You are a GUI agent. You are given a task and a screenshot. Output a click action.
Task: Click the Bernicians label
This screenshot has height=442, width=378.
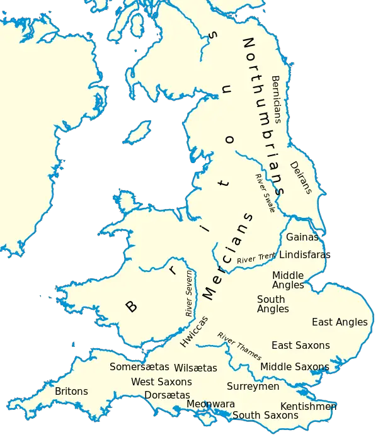tap(276, 100)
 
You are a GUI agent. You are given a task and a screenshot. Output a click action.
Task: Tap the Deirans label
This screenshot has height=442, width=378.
tap(301, 178)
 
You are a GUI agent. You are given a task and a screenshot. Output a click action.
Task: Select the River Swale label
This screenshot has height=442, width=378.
tap(265, 193)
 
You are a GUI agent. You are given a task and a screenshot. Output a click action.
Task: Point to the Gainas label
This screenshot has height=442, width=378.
tap(302, 237)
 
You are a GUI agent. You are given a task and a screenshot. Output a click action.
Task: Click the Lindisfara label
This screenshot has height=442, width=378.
tap(302, 255)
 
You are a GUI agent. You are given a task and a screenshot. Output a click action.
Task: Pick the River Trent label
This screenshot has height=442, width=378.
tap(256, 258)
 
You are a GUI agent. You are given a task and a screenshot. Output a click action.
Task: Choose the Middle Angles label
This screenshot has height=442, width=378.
tap(288, 280)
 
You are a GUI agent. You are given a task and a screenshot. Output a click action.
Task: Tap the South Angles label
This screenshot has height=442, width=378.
tap(273, 304)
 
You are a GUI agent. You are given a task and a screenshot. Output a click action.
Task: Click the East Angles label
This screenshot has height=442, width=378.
tap(340, 322)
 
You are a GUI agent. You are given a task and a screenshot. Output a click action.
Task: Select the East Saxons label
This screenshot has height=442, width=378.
tap(301, 345)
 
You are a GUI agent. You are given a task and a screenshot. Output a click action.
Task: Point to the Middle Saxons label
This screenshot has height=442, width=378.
tap(294, 366)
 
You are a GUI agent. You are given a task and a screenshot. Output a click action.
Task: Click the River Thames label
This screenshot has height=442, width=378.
tap(239, 346)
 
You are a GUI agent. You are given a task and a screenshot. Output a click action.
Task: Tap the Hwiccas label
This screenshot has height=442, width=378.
tap(193, 331)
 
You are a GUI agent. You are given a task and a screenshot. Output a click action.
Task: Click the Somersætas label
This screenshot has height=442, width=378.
tap(139, 366)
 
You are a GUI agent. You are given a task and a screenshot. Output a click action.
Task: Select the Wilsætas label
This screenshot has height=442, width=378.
tap(195, 368)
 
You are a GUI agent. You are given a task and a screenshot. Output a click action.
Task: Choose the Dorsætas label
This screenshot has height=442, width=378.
tap(167, 395)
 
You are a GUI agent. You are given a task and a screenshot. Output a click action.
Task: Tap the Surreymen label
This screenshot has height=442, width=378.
tap(253, 386)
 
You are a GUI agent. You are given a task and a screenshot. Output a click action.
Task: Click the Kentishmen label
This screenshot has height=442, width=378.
tap(308, 406)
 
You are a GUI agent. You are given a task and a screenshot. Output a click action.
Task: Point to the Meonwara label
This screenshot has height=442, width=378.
tap(210, 404)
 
